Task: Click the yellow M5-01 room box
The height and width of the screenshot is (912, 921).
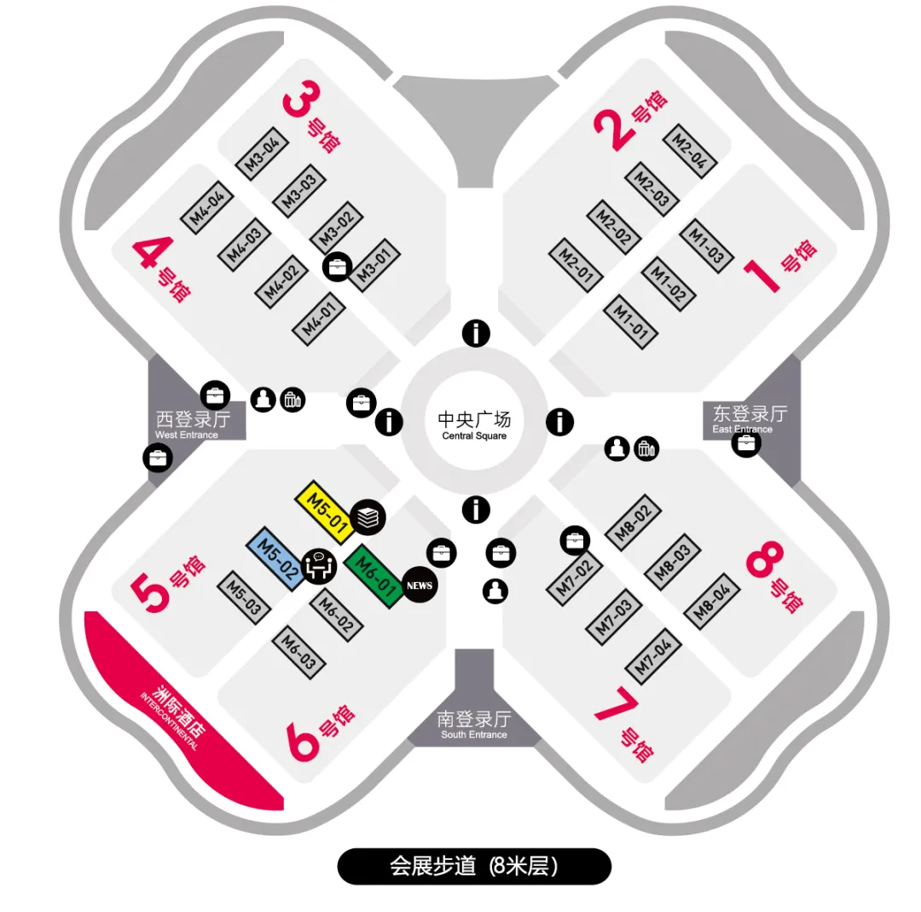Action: click(x=323, y=512)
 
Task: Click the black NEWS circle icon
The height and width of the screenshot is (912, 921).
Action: click(x=419, y=586)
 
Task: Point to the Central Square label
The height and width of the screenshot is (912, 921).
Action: click(x=474, y=425)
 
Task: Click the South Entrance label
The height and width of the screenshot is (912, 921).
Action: click(x=474, y=724)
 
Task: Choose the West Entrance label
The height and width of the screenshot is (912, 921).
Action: click(x=193, y=424)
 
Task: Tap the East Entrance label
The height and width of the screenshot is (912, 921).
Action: click(x=750, y=418)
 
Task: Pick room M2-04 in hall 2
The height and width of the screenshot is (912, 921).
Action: click(x=689, y=150)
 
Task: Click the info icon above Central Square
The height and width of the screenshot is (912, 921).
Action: click(x=476, y=333)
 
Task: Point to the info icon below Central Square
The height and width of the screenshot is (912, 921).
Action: click(x=476, y=510)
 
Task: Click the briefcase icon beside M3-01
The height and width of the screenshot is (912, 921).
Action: click(x=337, y=267)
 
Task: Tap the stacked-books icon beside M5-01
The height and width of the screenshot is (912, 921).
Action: click(x=368, y=516)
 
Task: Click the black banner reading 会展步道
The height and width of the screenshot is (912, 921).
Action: click(x=474, y=866)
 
